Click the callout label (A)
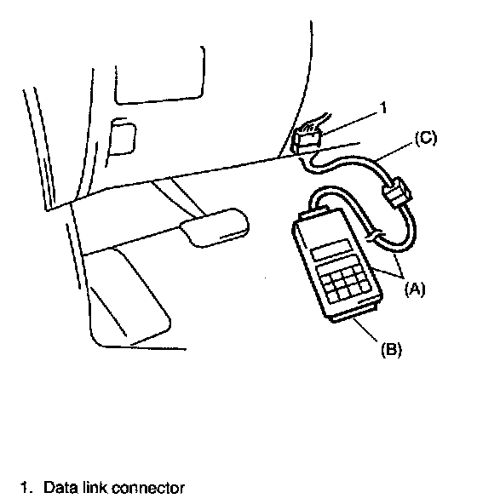(415, 289)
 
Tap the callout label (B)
(392, 349)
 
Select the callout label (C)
(426, 139)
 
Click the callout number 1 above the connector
(383, 107)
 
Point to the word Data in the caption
(60, 487)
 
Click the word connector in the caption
(148, 488)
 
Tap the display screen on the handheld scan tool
(332, 250)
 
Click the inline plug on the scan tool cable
(397, 192)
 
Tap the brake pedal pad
(215, 227)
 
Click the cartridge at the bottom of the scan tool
(354, 313)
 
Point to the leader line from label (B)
(365, 329)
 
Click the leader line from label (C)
(395, 150)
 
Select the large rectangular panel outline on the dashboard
(160, 76)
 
